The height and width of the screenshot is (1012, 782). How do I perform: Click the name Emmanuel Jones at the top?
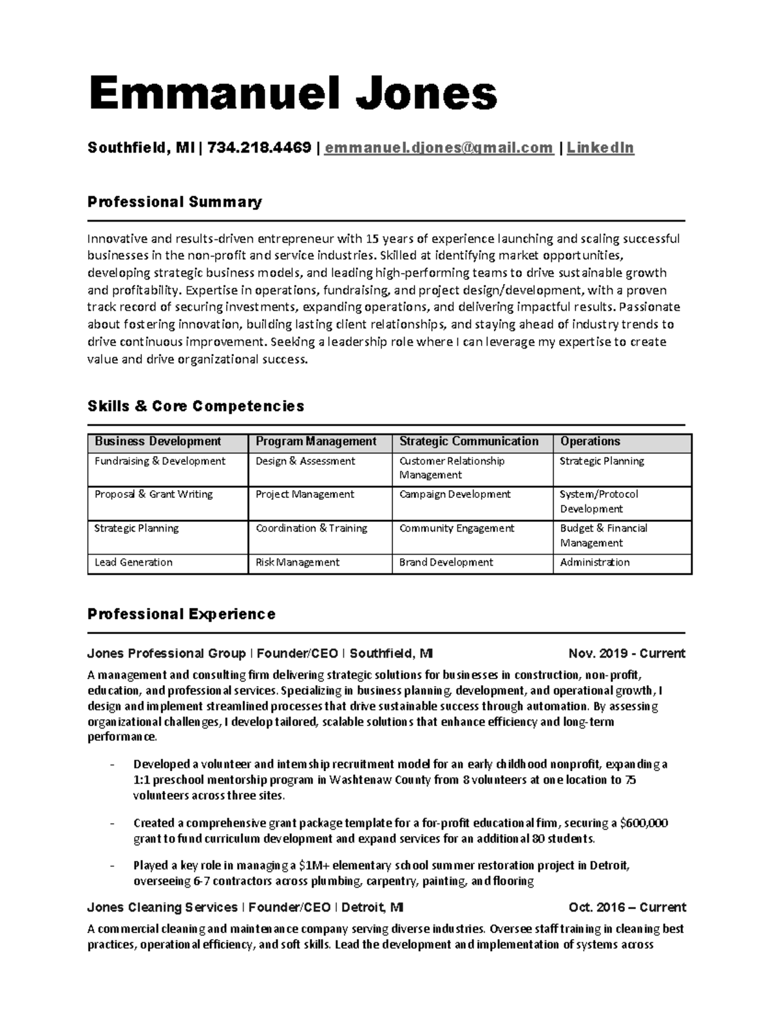pyautogui.click(x=293, y=94)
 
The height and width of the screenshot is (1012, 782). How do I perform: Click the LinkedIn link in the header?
pyautogui.click(x=600, y=149)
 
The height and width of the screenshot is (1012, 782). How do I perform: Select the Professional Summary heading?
pyautogui.click(x=175, y=202)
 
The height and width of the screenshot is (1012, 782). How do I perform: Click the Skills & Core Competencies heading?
pyautogui.click(x=195, y=407)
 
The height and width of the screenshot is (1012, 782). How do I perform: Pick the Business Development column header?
pyautogui.click(x=158, y=442)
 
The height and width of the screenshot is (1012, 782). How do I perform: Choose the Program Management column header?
pyautogui.click(x=316, y=442)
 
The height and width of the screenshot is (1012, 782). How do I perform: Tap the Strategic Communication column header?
pyautogui.click(x=469, y=442)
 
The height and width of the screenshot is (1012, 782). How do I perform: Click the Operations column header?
pyautogui.click(x=590, y=442)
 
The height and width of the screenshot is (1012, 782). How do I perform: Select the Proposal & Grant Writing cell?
pyautogui.click(x=154, y=495)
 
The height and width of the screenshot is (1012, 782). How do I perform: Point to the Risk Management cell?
pyautogui.click(x=298, y=562)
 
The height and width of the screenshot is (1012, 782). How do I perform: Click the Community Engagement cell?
pyautogui.click(x=457, y=528)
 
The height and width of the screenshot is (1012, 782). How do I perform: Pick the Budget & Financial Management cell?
pyautogui.click(x=603, y=536)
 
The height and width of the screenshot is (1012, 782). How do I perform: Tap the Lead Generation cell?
pyautogui.click(x=134, y=562)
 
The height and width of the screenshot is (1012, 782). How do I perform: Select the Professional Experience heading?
pyautogui.click(x=181, y=614)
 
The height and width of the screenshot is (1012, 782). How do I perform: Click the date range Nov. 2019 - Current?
pyautogui.click(x=626, y=654)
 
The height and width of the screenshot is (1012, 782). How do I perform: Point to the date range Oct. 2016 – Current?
pyautogui.click(x=627, y=908)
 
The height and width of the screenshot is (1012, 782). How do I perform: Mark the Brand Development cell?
pyautogui.click(x=446, y=562)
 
